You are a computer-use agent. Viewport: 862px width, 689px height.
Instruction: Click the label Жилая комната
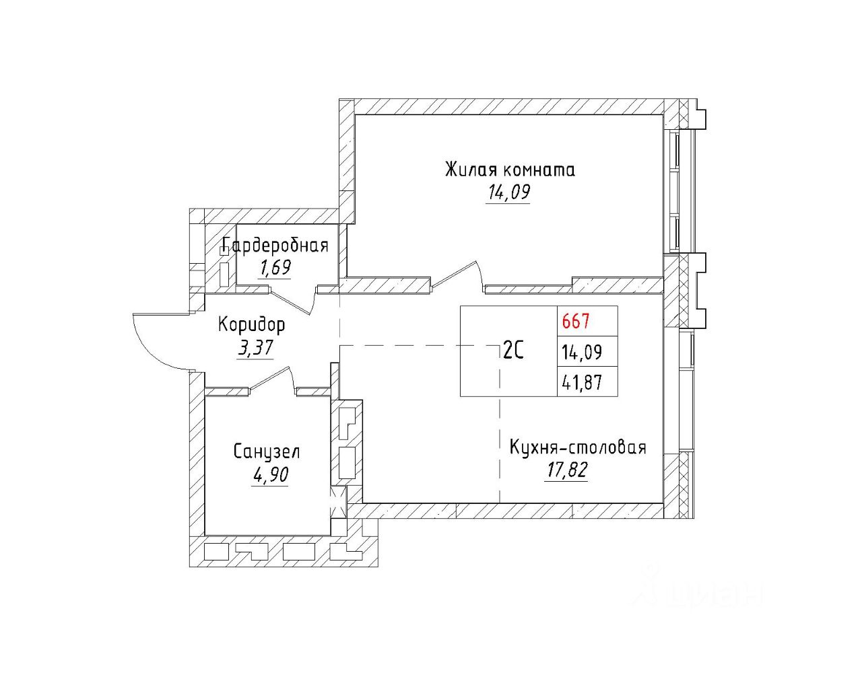509,170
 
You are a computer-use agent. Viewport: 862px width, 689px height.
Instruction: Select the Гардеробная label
275,246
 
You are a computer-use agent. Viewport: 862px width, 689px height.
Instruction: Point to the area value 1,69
275,268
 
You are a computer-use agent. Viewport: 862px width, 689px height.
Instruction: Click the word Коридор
251,325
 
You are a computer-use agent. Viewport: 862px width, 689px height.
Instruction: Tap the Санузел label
267,451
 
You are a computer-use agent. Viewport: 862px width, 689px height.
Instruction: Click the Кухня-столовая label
577,447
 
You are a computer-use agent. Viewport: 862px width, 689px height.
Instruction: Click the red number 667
576,321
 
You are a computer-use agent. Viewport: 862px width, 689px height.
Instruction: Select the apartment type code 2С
513,351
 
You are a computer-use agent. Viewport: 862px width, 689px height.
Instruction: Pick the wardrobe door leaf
291,301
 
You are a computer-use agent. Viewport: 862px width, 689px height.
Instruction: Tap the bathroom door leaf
270,377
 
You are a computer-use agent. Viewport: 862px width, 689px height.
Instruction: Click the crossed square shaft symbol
337,501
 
